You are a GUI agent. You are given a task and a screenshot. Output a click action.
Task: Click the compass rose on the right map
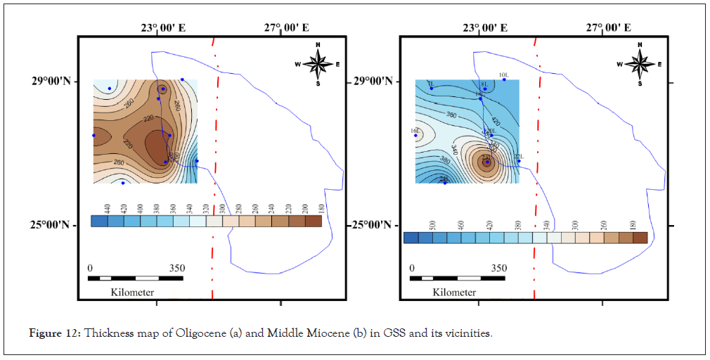pyautogui.click(x=640, y=64)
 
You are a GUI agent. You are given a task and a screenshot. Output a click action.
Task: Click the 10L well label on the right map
pyautogui.click(x=503, y=75)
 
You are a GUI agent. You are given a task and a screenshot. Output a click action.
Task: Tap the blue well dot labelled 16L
pyautogui.click(x=415, y=136)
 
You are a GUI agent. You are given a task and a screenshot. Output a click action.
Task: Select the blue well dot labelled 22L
pyautogui.click(x=519, y=161)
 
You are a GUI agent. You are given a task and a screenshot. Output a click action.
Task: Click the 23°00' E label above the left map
pyautogui.click(x=162, y=28)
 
